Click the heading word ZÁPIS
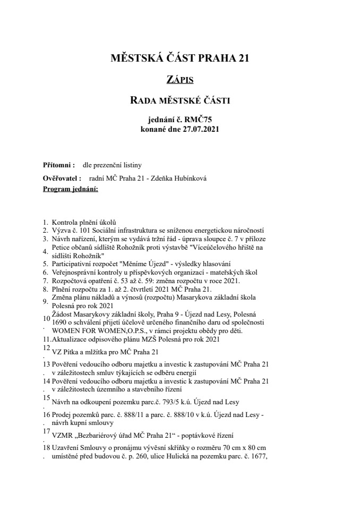tap(179, 80)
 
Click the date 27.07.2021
tap(200, 129)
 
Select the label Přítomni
tap(58, 165)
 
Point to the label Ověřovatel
tap(62, 178)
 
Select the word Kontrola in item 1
tap(64, 222)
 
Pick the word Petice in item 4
tap(61, 248)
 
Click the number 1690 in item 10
tap(58, 322)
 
